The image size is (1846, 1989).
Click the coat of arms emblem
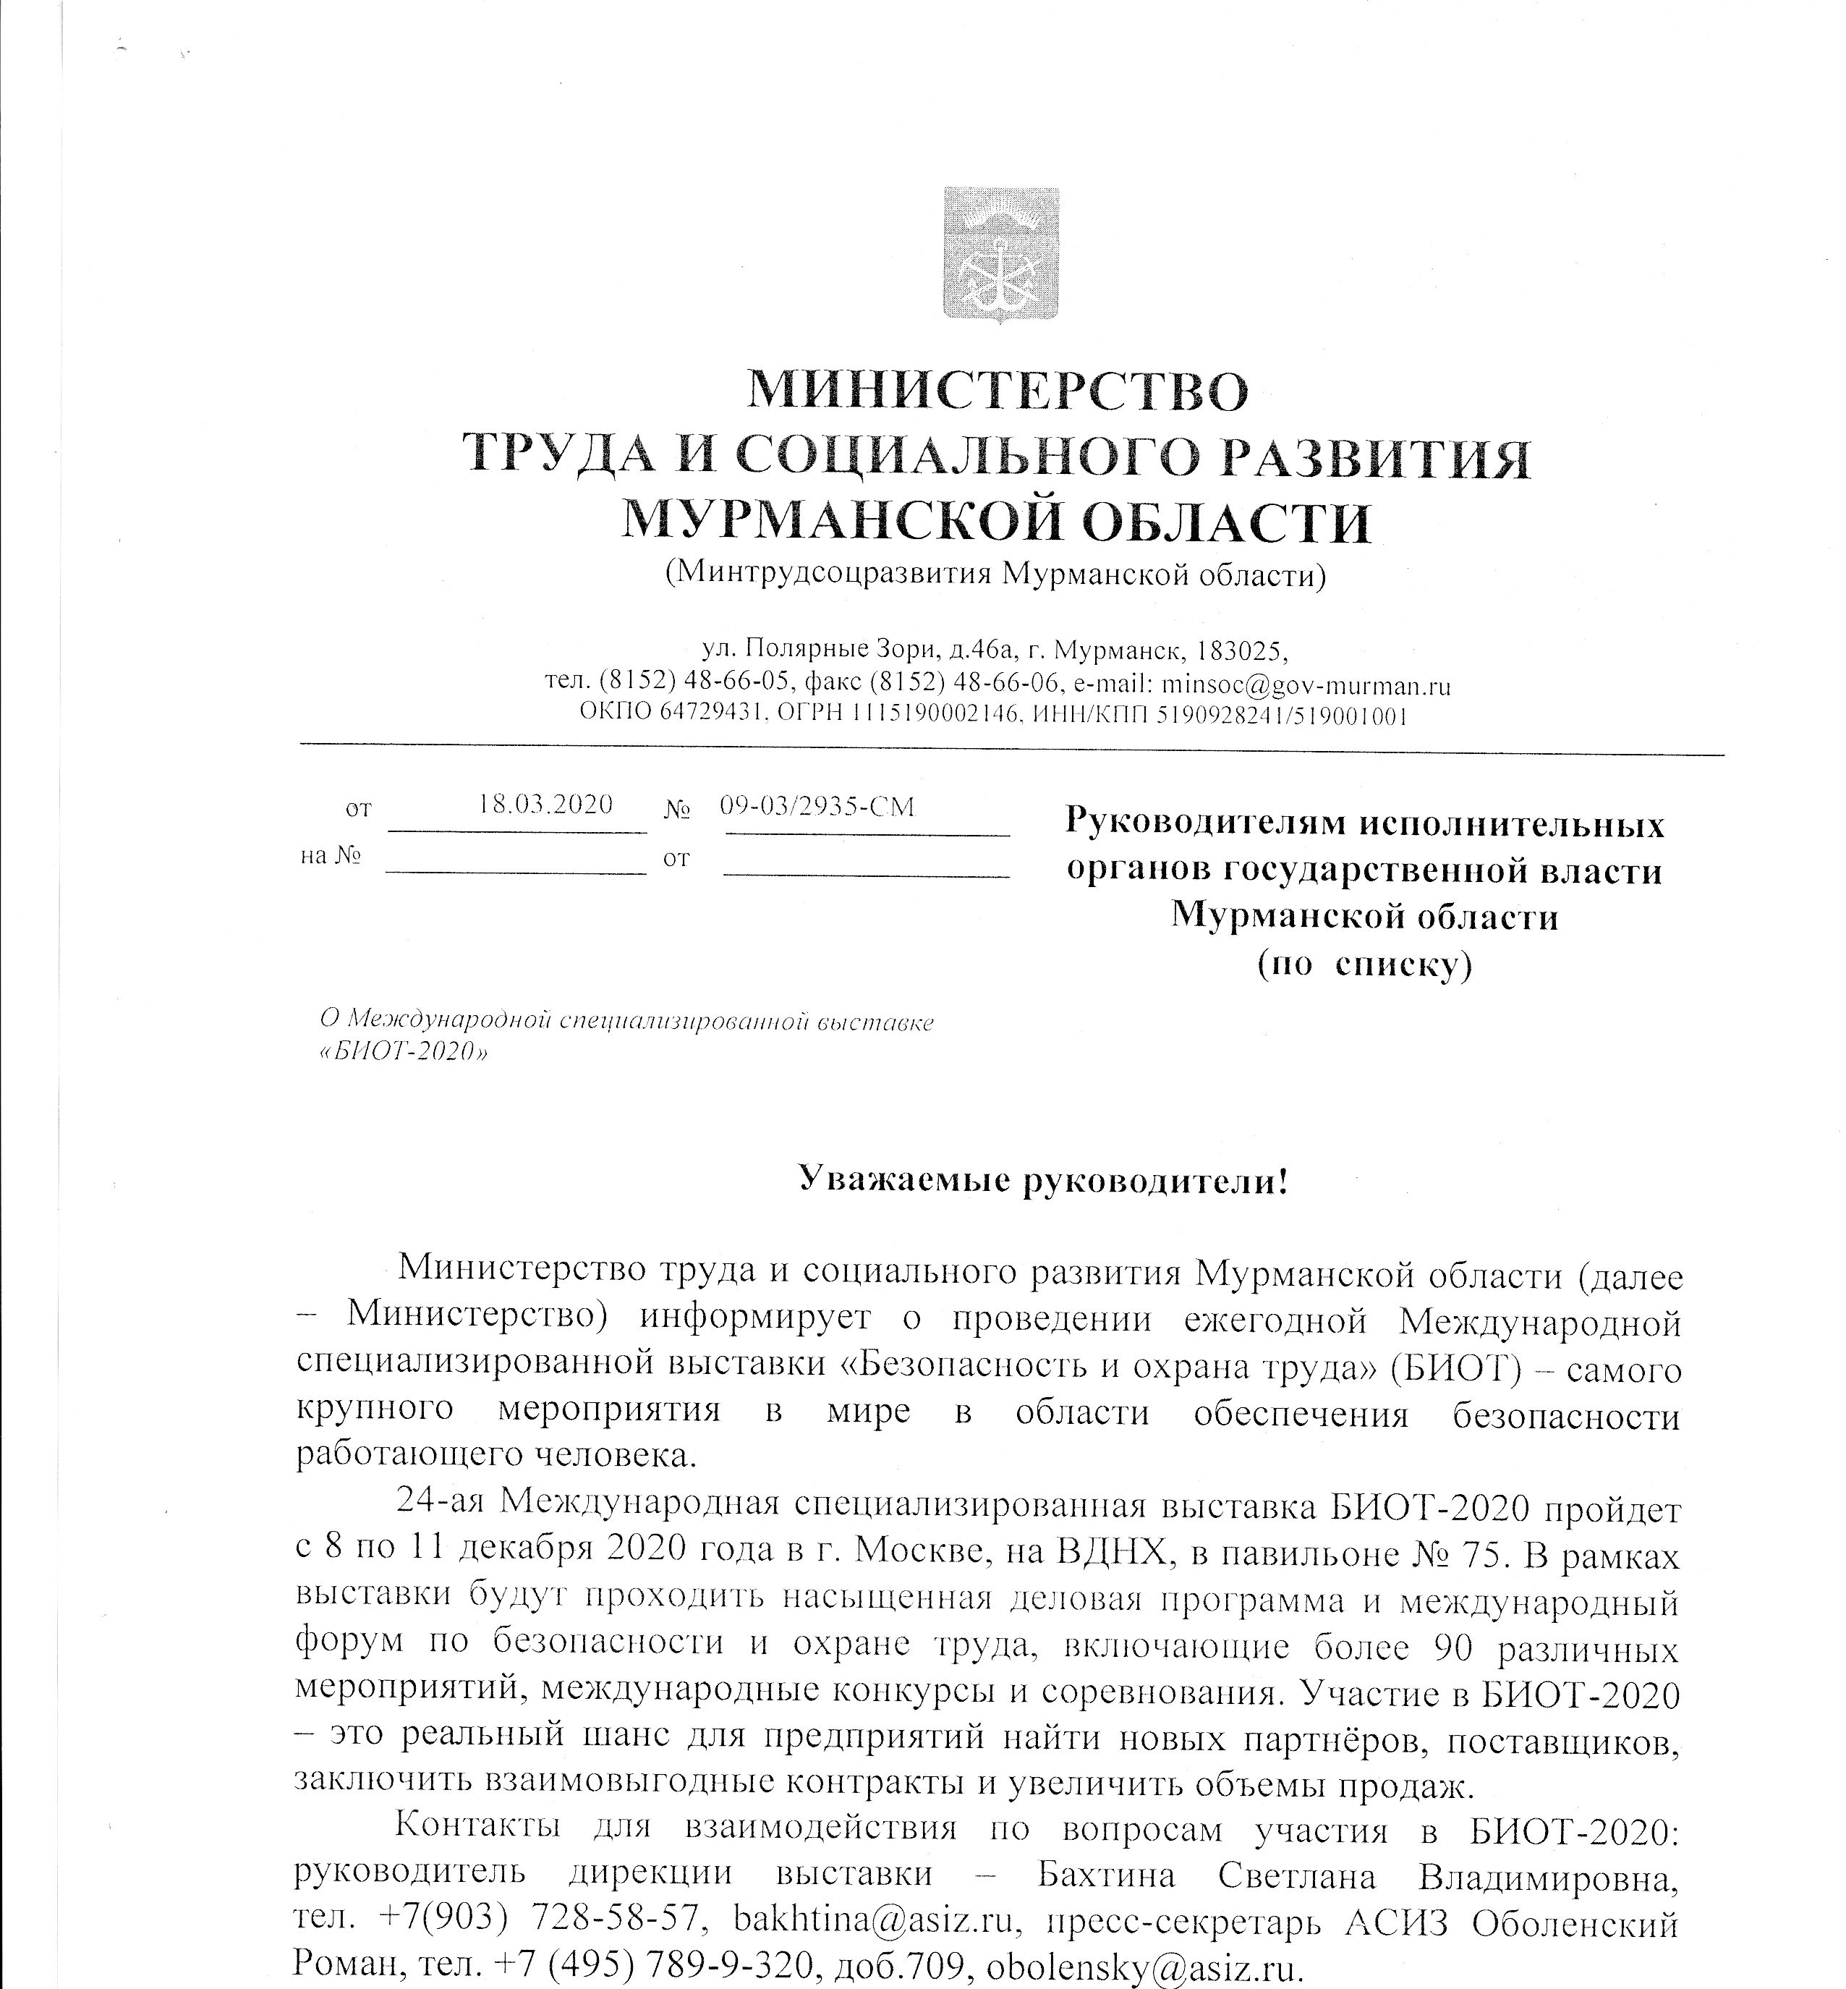click(1000, 254)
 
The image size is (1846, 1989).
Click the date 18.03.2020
click(545, 805)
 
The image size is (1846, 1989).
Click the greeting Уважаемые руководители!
click(1044, 1182)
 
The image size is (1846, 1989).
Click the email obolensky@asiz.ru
click(1145, 1965)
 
